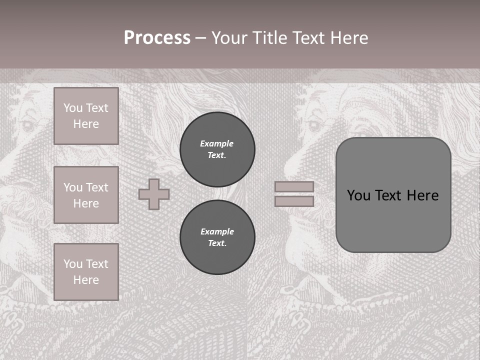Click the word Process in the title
[x=157, y=38]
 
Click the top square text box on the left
[x=86, y=116]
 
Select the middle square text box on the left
[x=86, y=195]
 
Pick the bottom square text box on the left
[x=86, y=272]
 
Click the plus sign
[x=154, y=194]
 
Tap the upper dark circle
[x=217, y=149]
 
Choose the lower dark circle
[x=217, y=237]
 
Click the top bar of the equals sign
[x=294, y=186]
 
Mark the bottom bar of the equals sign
[x=294, y=201]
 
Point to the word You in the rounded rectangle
[x=358, y=195]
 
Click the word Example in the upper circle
[x=216, y=143]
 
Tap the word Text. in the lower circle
[x=217, y=243]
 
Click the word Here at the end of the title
[x=350, y=38]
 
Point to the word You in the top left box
[x=73, y=108]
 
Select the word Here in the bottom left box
[x=86, y=280]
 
